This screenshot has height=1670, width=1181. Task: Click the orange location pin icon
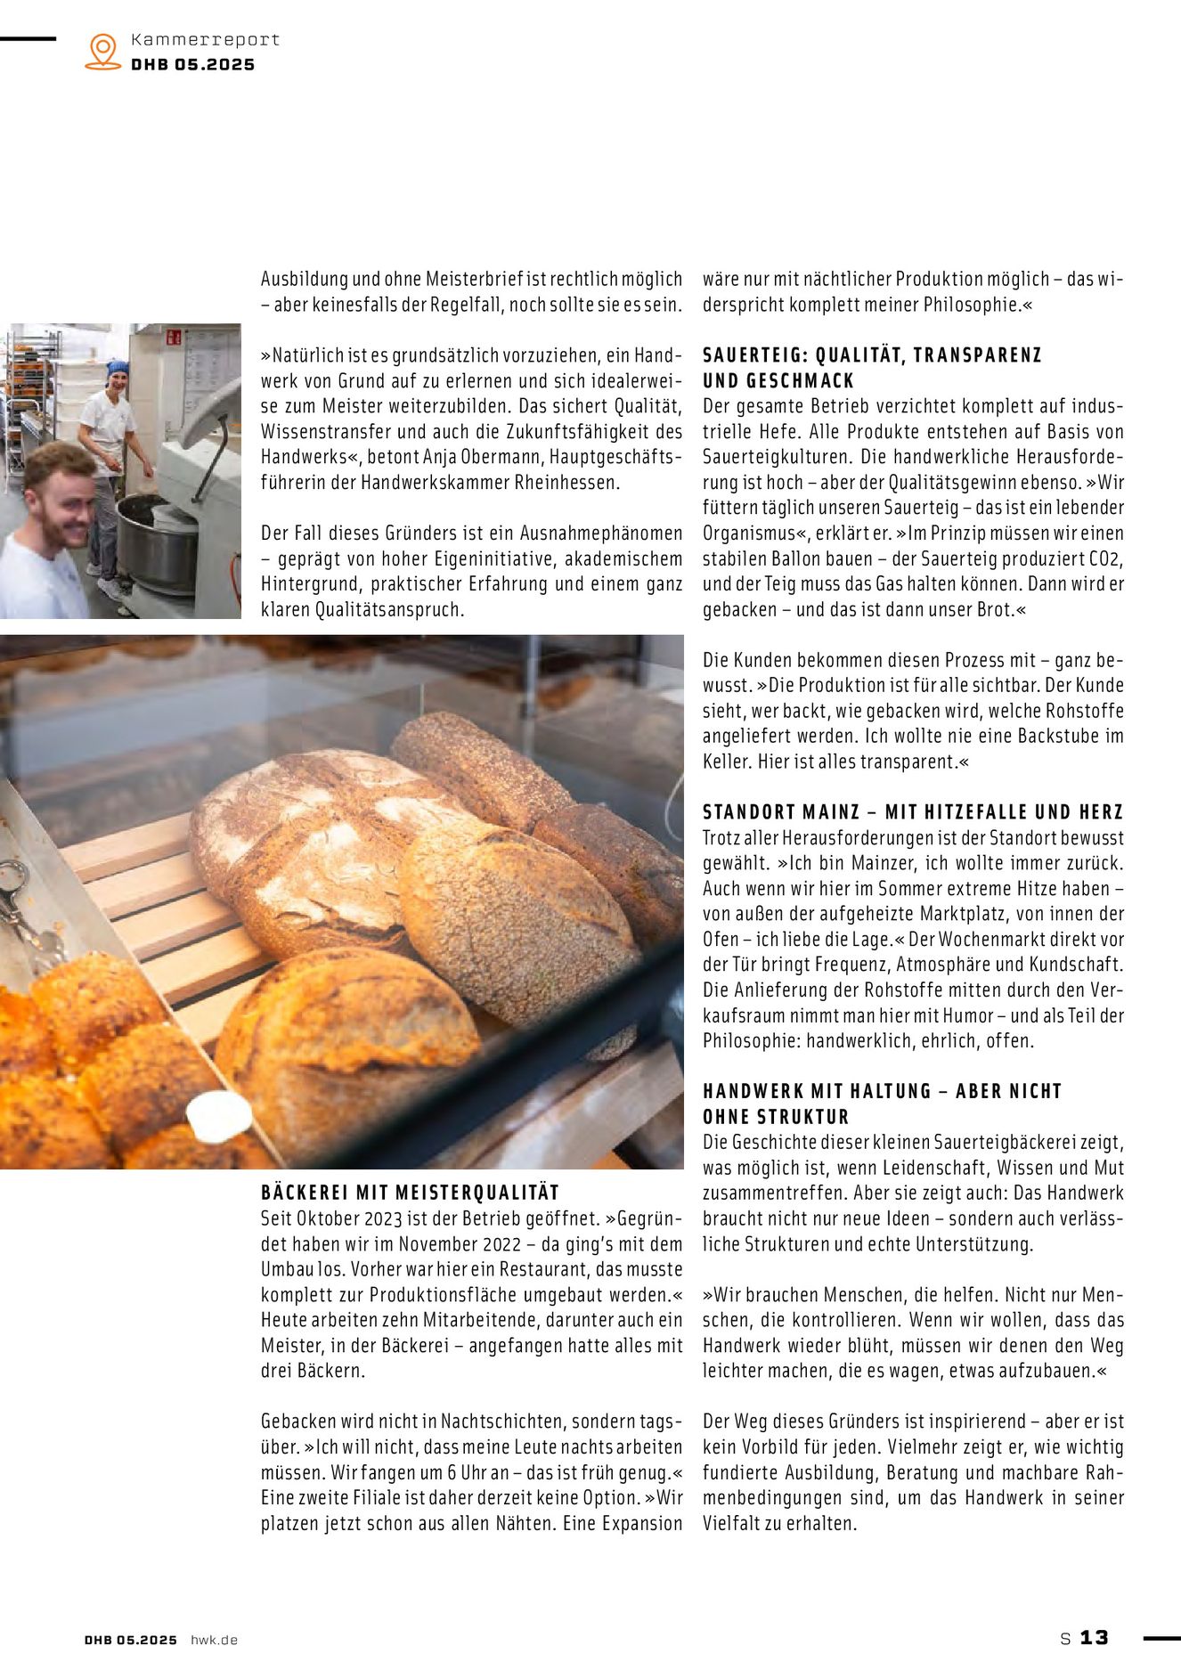coord(103,52)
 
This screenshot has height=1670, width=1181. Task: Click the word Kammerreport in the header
coord(205,40)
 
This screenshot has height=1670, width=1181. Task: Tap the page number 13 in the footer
coord(1094,1637)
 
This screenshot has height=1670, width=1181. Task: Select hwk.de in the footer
coord(214,1640)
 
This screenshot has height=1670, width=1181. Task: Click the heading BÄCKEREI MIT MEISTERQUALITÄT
coord(410,1193)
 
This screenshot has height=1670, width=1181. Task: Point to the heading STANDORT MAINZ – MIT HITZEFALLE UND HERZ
coord(913,812)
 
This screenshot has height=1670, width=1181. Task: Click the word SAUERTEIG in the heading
coord(751,355)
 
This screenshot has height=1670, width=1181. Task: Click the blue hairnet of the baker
coord(117,367)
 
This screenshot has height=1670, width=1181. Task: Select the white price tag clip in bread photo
coord(218,1113)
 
